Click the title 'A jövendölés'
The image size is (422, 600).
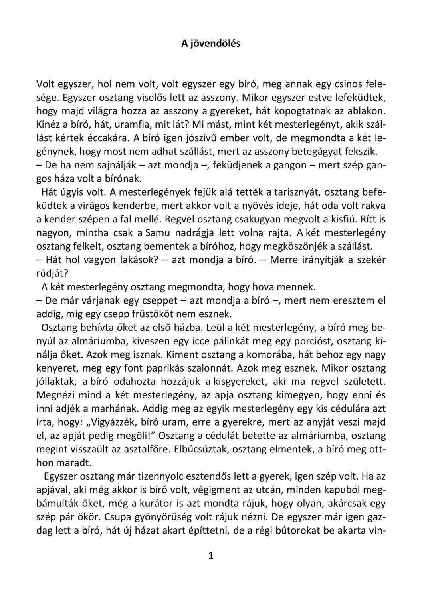(x=211, y=43)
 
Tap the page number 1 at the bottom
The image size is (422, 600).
(x=211, y=556)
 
